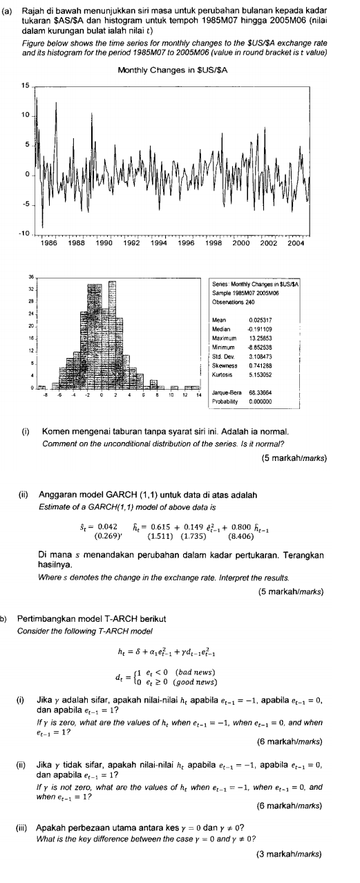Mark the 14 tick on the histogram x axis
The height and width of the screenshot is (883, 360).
[198, 396]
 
